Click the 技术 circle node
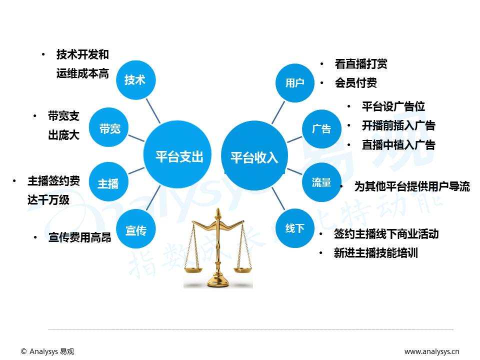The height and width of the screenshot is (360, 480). click(x=135, y=80)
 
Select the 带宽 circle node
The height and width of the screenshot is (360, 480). click(x=109, y=128)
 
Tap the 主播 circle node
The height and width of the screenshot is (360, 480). click(x=108, y=183)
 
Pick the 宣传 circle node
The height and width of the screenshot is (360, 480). click(x=135, y=230)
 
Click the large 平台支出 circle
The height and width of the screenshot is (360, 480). click(x=179, y=157)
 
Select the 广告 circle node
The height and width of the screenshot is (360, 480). click(x=321, y=128)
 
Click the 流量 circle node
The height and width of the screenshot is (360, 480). click(x=321, y=182)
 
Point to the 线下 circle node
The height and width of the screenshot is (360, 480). click(x=294, y=228)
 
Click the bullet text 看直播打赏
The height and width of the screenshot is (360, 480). click(x=360, y=64)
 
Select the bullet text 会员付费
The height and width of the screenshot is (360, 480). click(x=355, y=83)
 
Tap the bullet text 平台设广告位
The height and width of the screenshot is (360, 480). click(x=393, y=106)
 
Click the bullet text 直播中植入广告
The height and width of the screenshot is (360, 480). click(x=398, y=145)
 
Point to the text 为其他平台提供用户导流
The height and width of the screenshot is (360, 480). click(x=412, y=186)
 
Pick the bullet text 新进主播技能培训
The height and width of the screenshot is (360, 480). click(x=375, y=253)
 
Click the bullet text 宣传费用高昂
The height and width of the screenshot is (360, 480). click(x=79, y=238)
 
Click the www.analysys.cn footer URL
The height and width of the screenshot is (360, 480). click(x=431, y=351)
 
